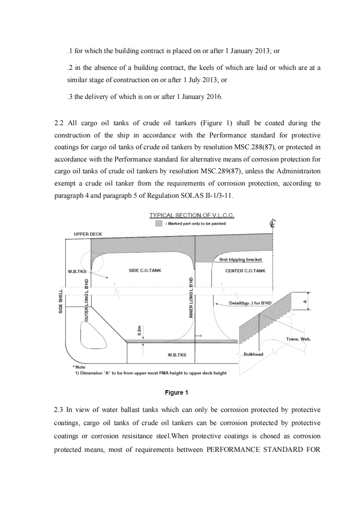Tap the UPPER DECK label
88,234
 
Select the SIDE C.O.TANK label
145,271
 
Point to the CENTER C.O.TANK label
245,271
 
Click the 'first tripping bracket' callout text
240,260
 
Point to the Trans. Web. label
298,339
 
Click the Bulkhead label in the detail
253,354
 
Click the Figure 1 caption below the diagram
177,392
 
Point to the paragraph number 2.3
59,410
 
